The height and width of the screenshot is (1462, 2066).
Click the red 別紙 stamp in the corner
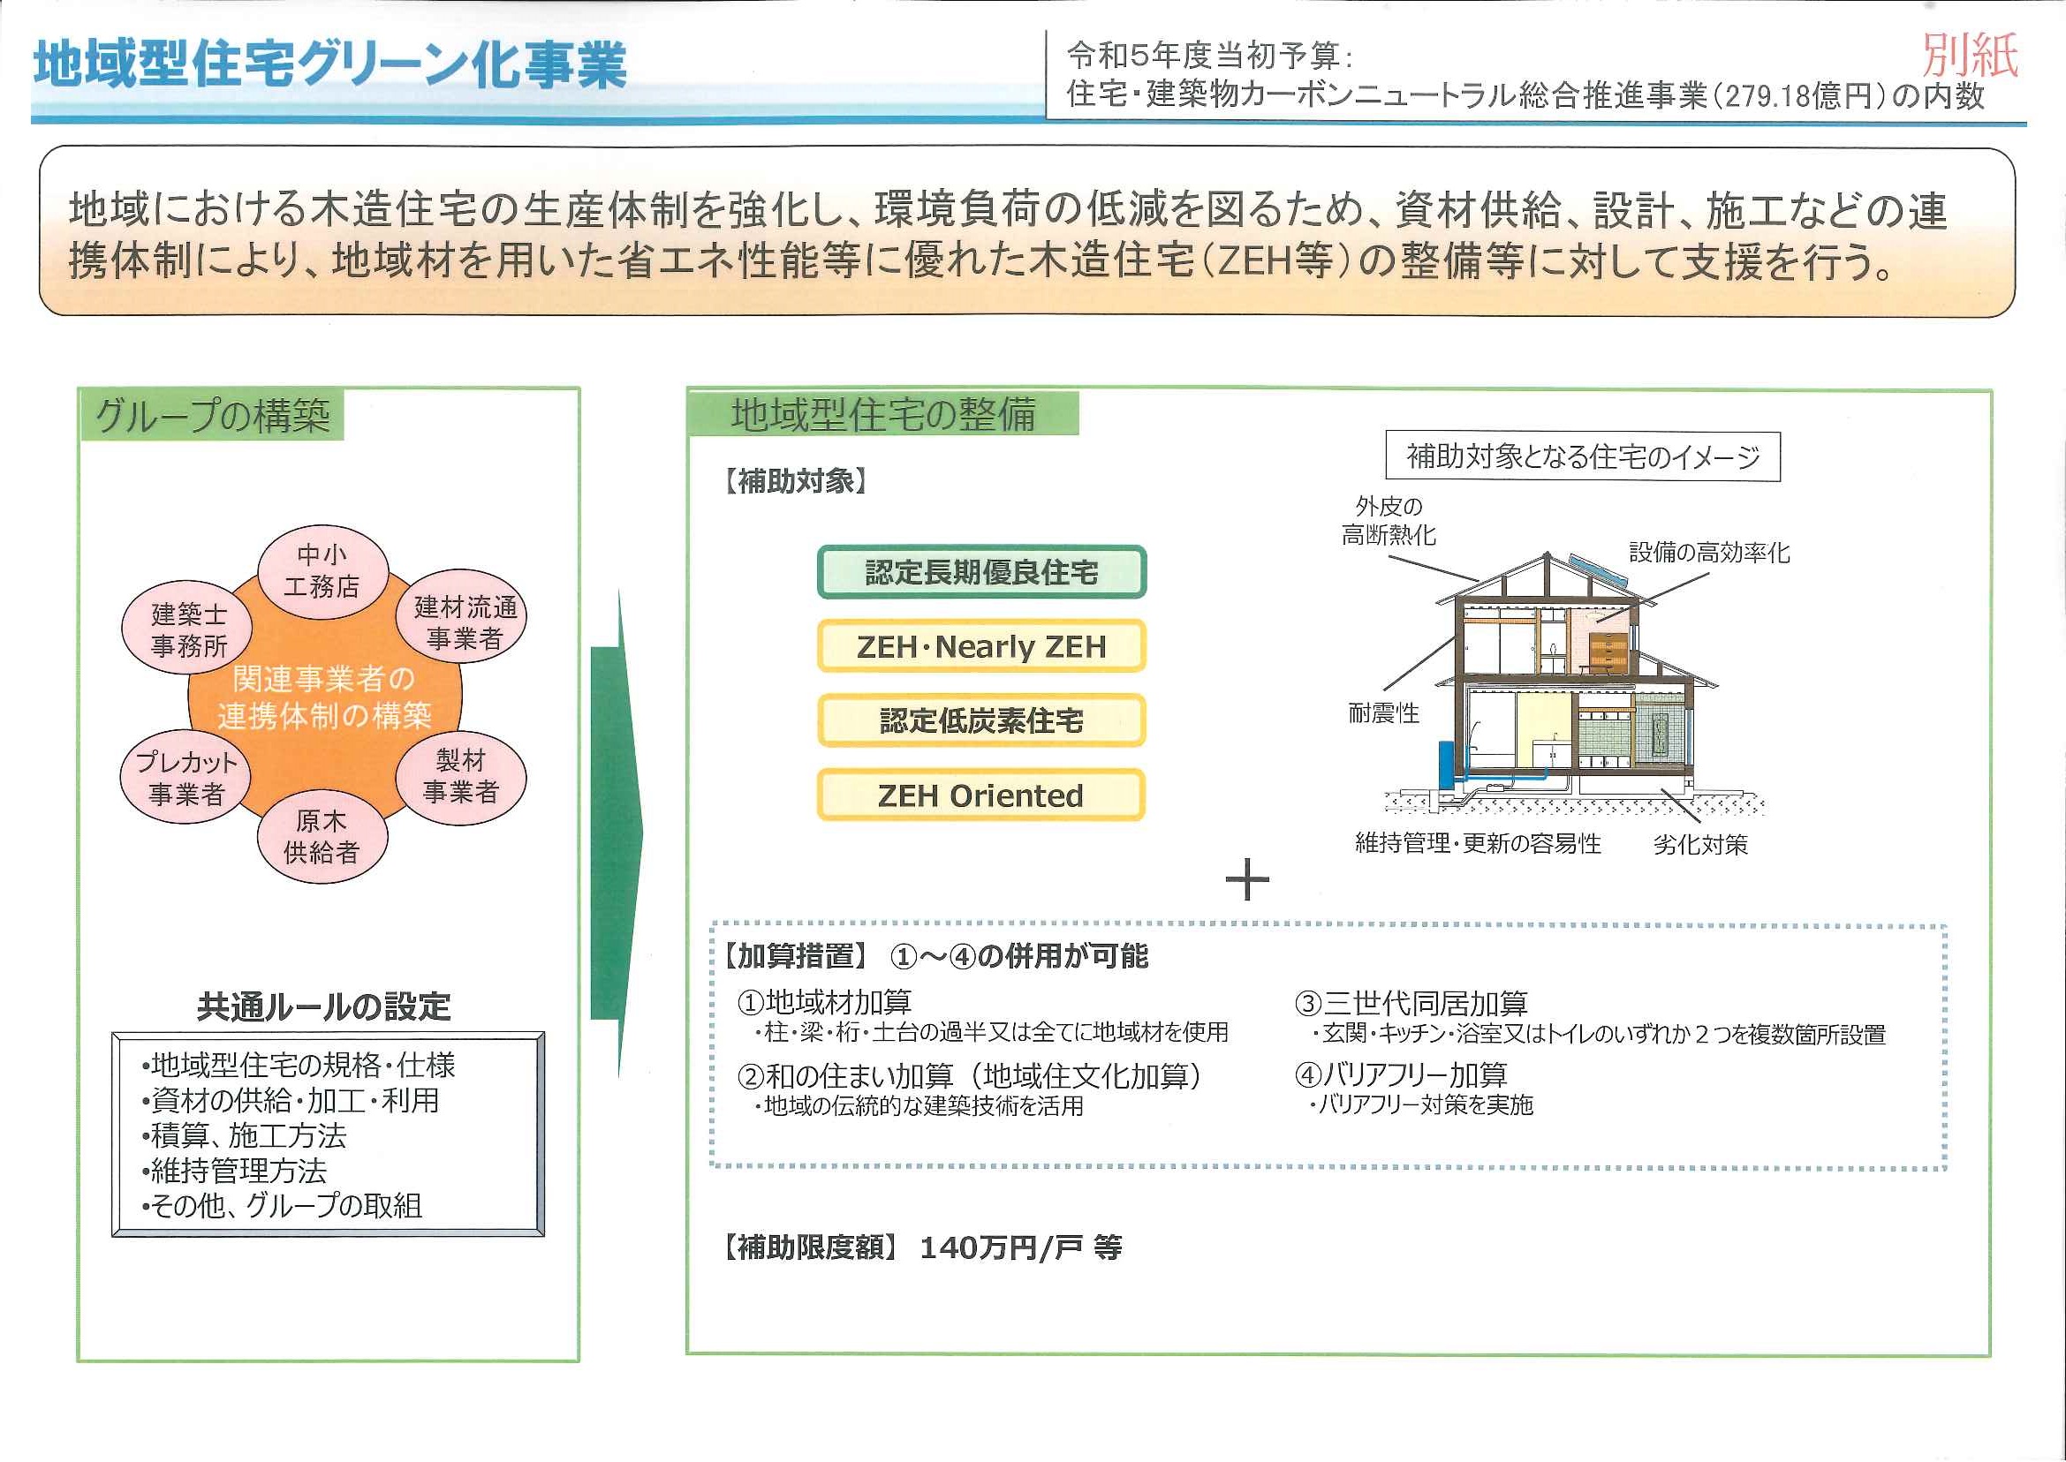pyautogui.click(x=1971, y=56)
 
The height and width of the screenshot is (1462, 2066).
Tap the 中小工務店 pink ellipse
pyautogui.click(x=322, y=572)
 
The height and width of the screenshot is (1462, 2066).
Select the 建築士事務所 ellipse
pyautogui.click(x=187, y=629)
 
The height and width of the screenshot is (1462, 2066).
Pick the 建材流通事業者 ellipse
pyautogui.click(x=462, y=616)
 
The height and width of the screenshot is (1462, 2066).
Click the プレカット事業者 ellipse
pyautogui.click(x=185, y=777)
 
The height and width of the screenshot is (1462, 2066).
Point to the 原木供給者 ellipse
pyautogui.click(x=322, y=837)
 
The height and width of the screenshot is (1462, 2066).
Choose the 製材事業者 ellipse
pyautogui.click(x=461, y=776)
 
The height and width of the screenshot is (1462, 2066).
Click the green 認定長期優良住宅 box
pyautogui.click(x=981, y=573)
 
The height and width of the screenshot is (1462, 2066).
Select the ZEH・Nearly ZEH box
pyautogui.click(x=981, y=646)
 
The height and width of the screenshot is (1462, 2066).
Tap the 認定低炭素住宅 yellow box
pyautogui.click(x=981, y=720)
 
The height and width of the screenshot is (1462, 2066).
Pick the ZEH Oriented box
pyautogui.click(x=981, y=795)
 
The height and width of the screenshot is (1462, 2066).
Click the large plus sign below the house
pyautogui.click(x=1247, y=879)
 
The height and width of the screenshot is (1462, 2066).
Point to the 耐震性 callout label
pyautogui.click(x=1384, y=713)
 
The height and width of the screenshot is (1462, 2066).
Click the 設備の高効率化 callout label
pyautogui.click(x=1709, y=552)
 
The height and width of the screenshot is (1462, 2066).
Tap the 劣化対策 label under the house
pyautogui.click(x=1700, y=844)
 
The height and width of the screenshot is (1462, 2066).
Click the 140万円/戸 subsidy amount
pyautogui.click(x=1002, y=1247)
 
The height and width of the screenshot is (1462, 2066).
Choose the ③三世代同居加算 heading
pyautogui.click(x=1411, y=1003)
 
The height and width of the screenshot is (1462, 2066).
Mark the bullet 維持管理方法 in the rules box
pyautogui.click(x=234, y=1171)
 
